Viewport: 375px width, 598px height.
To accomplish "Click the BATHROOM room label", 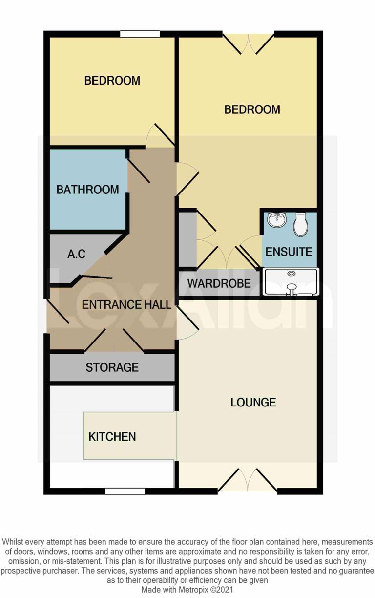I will click(x=88, y=190).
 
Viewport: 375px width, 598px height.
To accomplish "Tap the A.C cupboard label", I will click(x=77, y=255).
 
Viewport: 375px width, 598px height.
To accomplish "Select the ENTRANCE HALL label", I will click(x=126, y=305).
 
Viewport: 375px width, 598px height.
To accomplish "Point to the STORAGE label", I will click(x=112, y=367).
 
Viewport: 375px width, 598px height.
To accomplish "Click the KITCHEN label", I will click(x=112, y=437).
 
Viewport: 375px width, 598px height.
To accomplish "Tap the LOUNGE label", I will click(x=253, y=403).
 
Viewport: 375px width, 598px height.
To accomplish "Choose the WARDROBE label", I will click(x=219, y=283).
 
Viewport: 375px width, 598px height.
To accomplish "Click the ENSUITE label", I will click(x=289, y=252).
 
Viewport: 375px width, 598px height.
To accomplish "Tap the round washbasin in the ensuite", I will click(x=277, y=220).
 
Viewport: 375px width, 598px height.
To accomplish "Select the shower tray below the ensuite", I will click(x=291, y=282).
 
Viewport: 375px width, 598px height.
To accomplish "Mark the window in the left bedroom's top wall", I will click(x=141, y=34).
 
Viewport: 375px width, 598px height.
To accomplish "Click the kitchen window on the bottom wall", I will click(x=125, y=491).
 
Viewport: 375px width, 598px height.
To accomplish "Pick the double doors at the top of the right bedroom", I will click(x=249, y=43).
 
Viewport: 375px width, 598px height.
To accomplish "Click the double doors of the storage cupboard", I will click(x=114, y=340).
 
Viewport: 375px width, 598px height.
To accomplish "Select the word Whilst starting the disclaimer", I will click(x=14, y=542).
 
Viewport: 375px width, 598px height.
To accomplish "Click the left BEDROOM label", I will click(x=112, y=81).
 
